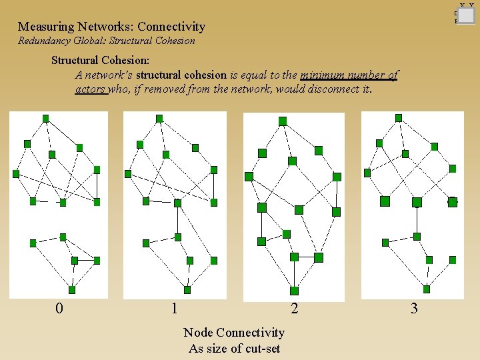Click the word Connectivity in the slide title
point(171,27)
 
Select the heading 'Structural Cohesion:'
point(100,60)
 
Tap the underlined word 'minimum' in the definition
point(324,75)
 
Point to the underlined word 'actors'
point(91,89)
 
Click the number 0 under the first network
point(59,308)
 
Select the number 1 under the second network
point(174,308)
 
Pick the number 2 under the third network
point(294,308)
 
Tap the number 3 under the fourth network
point(414,308)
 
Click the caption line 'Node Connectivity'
point(234,332)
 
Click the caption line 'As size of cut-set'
point(234,348)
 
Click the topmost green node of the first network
point(45,119)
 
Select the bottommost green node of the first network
point(72,290)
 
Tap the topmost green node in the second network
point(159,119)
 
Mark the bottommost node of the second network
point(187,290)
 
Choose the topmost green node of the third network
point(283,121)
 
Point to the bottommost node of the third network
point(295,290)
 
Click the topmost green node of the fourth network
point(399,118)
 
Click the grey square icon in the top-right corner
point(466,15)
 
